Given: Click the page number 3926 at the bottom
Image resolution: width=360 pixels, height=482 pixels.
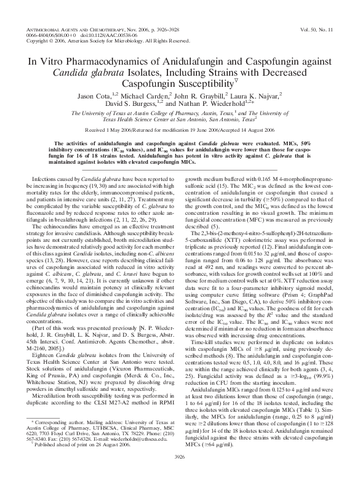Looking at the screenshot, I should (180, 474).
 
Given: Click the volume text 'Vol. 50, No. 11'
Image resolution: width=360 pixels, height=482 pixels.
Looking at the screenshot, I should (321, 28).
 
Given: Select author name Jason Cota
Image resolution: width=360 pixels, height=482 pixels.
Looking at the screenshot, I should (94, 97).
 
